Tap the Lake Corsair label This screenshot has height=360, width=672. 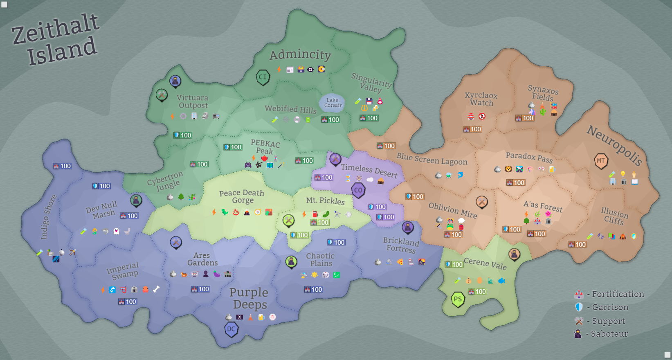tap(333, 103)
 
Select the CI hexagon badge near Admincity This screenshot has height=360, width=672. tap(263, 77)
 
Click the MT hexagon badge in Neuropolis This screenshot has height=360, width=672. tap(600, 161)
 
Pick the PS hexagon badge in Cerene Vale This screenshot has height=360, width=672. tap(458, 299)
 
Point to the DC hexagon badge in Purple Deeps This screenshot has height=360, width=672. tap(231, 329)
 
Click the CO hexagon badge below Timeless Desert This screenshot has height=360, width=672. tap(358, 190)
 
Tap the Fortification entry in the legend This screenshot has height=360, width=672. tap(618, 294)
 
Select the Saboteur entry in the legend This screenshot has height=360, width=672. tap(609, 334)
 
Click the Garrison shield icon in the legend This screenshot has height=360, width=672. tap(579, 307)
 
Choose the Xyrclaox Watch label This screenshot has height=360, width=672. tap(481, 99)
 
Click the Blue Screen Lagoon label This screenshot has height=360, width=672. tap(432, 159)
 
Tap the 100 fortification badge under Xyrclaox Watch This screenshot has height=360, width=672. tap(472, 129)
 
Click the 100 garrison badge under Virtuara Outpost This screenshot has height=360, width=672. tap(182, 135)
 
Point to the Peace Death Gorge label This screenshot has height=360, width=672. tap(242, 196)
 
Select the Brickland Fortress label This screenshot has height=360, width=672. tap(401, 245)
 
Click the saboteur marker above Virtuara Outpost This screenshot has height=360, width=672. tap(175, 81)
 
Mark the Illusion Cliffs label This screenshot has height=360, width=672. tap(614, 216)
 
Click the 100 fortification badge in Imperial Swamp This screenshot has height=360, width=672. tap(127, 302)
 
